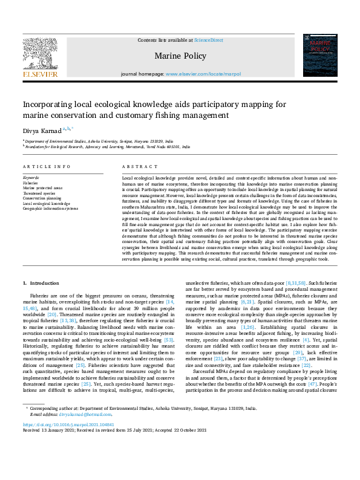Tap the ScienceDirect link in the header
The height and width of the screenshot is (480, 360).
click(x=208, y=39)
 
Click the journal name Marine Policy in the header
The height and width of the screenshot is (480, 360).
click(x=180, y=56)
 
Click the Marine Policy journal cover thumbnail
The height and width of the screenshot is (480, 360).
click(x=319, y=56)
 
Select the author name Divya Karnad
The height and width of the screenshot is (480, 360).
click(x=41, y=129)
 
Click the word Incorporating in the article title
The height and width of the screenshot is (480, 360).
click(x=51, y=104)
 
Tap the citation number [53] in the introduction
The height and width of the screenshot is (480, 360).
click(x=170, y=340)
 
